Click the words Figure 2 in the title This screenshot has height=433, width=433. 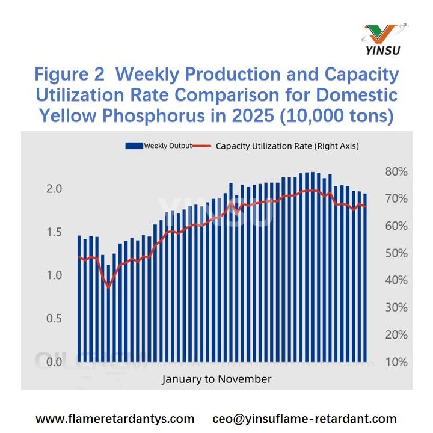(x=71, y=75)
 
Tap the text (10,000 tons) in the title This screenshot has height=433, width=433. (x=336, y=115)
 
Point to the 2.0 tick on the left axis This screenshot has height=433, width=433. (x=55, y=189)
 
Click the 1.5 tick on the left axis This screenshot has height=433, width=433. (x=55, y=232)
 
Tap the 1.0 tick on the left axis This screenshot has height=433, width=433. (x=55, y=275)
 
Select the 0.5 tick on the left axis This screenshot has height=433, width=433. (x=55, y=319)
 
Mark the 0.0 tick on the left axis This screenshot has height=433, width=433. (x=55, y=362)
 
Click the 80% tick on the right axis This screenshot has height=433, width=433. (x=396, y=171)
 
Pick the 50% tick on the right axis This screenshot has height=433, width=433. (x=396, y=253)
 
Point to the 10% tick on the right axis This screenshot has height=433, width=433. (x=396, y=362)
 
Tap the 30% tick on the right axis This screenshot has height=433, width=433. (x=396, y=307)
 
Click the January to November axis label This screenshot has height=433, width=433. (x=216, y=379)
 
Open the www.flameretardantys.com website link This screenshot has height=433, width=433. (x=115, y=419)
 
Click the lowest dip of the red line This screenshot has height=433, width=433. (x=109, y=286)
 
